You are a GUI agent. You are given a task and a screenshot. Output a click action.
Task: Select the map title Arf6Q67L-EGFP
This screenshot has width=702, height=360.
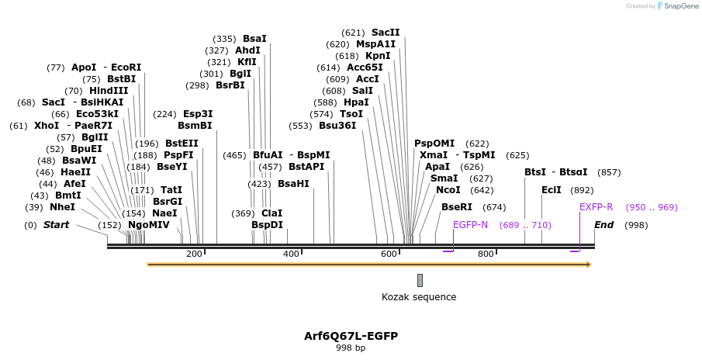351,336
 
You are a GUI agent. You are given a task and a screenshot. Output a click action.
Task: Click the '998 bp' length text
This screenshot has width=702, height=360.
351,348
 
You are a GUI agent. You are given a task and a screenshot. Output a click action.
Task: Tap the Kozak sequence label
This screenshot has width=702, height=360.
419,297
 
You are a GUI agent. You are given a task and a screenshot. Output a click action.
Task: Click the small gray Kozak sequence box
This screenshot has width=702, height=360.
420,280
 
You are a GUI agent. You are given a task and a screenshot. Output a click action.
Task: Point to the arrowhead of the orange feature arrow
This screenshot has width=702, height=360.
589,265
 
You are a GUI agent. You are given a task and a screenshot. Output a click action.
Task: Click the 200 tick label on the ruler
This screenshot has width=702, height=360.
194,254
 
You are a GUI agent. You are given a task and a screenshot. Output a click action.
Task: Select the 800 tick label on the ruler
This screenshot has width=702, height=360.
486,254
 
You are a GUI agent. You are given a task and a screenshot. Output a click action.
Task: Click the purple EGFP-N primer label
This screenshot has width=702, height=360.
470,225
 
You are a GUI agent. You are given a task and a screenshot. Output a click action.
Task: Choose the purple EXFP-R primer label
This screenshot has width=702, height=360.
596,207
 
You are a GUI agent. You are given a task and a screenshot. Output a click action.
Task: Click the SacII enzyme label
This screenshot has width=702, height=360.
386,33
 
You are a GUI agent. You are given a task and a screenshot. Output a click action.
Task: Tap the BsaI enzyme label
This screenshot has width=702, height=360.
254,39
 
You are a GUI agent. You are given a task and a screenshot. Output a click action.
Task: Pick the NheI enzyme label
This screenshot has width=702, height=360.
62,207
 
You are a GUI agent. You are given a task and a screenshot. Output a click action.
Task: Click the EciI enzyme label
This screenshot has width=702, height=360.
552,190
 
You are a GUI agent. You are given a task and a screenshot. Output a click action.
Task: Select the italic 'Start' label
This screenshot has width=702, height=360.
56,225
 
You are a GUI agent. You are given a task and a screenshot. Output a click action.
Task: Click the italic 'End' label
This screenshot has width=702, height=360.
604,225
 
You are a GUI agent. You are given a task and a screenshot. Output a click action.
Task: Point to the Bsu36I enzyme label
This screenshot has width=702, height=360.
337,126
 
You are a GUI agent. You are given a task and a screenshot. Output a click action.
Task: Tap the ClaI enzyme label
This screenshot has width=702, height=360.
271,213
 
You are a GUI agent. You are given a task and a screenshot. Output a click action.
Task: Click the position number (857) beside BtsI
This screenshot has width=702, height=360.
609,172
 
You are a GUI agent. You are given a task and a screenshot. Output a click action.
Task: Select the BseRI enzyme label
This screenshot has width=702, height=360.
456,207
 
